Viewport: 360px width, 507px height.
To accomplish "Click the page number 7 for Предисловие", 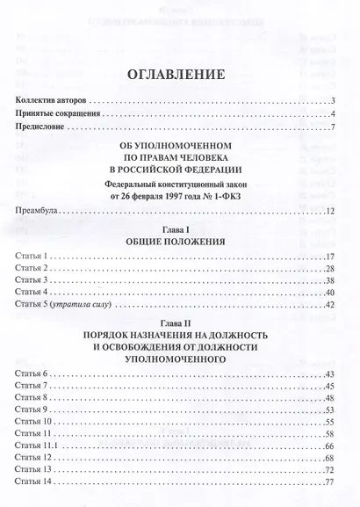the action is (x=335, y=129).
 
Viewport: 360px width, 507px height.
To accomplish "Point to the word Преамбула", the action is (x=39, y=211).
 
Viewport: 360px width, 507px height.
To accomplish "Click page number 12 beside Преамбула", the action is (x=332, y=211).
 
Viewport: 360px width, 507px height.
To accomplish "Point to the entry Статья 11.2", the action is (x=39, y=460).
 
